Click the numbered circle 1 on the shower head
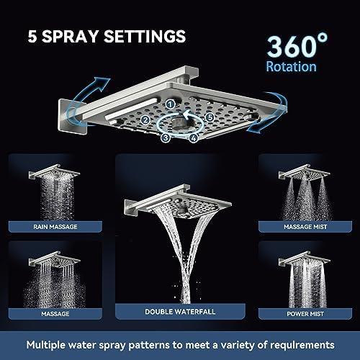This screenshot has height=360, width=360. (x=170, y=104)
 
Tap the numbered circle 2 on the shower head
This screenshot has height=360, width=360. (x=145, y=120)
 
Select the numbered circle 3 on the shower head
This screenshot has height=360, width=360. (x=166, y=138)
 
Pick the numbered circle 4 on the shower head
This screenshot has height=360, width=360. (x=194, y=138)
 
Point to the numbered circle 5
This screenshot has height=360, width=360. (x=210, y=117)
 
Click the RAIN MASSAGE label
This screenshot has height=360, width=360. (x=55, y=227)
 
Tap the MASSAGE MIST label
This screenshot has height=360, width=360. (x=305, y=227)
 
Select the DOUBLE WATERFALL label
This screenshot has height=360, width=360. (x=180, y=312)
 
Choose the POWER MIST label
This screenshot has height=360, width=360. (x=305, y=314)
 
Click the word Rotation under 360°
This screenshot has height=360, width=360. (x=291, y=66)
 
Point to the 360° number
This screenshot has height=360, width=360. (x=297, y=45)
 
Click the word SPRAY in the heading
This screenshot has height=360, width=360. (x=70, y=36)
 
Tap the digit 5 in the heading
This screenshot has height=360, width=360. (x=32, y=37)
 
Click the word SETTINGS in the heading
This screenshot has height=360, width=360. (x=145, y=36)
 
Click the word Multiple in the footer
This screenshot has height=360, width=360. (x=45, y=345)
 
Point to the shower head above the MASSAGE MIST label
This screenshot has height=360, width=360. (x=305, y=171)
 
